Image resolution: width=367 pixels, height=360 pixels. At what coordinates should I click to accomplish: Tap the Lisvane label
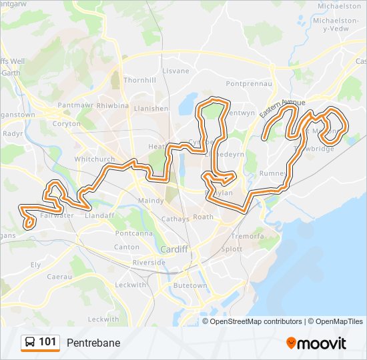click(x=176, y=71)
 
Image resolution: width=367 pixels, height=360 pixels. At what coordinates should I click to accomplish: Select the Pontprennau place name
click(x=250, y=84)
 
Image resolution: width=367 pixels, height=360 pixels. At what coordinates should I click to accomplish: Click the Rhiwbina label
click(x=113, y=105)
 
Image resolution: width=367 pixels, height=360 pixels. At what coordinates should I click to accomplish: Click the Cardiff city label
click(x=174, y=249)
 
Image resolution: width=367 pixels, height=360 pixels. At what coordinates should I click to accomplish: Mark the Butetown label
click(x=190, y=285)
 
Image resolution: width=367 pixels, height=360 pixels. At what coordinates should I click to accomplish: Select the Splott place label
click(x=232, y=249)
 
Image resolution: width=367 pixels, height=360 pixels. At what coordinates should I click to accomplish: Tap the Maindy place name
click(x=151, y=201)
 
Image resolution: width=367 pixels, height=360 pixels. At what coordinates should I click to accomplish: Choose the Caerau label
click(x=59, y=276)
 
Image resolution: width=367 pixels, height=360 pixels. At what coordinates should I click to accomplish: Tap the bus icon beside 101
click(x=31, y=343)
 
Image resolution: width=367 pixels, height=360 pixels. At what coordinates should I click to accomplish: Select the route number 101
click(x=48, y=343)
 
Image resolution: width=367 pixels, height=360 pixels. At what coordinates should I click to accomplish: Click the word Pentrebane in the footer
click(x=93, y=343)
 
